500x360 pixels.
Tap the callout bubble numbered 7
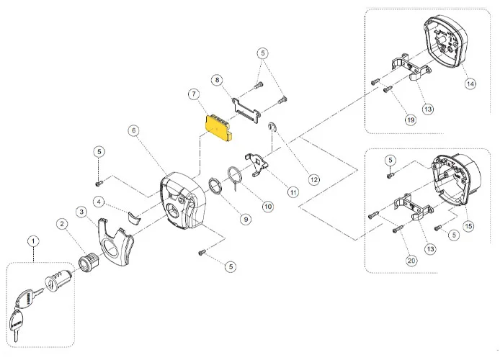(193, 94)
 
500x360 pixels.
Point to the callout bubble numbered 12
(313, 179)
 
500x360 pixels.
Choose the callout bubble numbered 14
(470, 84)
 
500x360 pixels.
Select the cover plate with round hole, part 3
(115, 248)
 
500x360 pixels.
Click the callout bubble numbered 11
(293, 192)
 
